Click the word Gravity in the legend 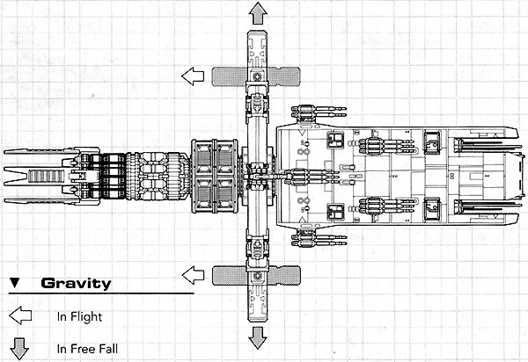click(76, 283)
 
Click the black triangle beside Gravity click(14, 283)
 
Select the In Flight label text click(79, 316)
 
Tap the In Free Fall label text click(87, 349)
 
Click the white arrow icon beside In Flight click(20, 315)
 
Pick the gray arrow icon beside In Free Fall click(19, 349)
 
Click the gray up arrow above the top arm click(258, 13)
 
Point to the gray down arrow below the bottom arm click(258, 337)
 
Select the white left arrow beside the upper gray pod click(193, 76)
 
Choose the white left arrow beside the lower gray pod click(193, 275)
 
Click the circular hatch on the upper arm click(258, 76)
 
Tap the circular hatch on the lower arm click(258, 276)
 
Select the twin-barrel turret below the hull click(319, 238)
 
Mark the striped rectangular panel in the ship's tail click(46, 176)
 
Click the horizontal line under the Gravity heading click(101, 293)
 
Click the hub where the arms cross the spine click(258, 177)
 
